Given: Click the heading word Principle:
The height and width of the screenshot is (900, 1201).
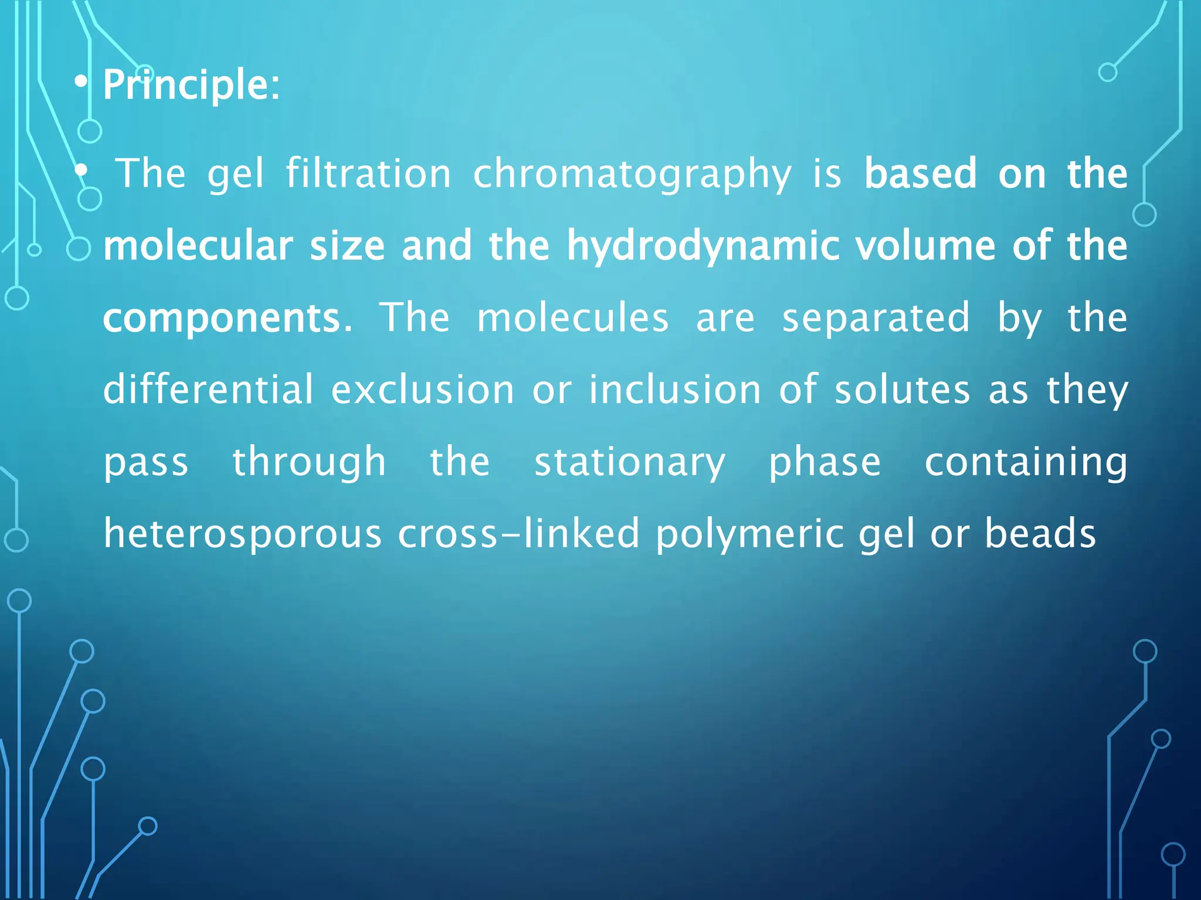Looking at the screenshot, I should [191, 85].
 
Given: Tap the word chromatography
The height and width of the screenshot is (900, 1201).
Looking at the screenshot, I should [632, 174].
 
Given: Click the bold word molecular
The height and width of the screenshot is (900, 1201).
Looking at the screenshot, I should [198, 246].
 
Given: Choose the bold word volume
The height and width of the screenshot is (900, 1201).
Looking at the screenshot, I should [925, 246].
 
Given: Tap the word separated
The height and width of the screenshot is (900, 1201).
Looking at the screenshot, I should [876, 318].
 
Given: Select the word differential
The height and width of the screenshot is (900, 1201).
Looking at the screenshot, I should [209, 390].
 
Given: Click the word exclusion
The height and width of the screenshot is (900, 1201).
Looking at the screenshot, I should [423, 390].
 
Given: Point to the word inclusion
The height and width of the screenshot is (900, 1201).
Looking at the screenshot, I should [675, 390].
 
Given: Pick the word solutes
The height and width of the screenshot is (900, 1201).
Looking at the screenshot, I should [903, 390].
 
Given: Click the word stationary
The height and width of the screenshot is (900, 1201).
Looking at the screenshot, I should [630, 463].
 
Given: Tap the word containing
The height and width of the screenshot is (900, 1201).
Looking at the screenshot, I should [1026, 462].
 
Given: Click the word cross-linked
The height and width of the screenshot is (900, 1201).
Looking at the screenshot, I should [518, 533].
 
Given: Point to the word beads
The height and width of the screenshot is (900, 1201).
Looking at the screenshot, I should [1040, 533].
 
